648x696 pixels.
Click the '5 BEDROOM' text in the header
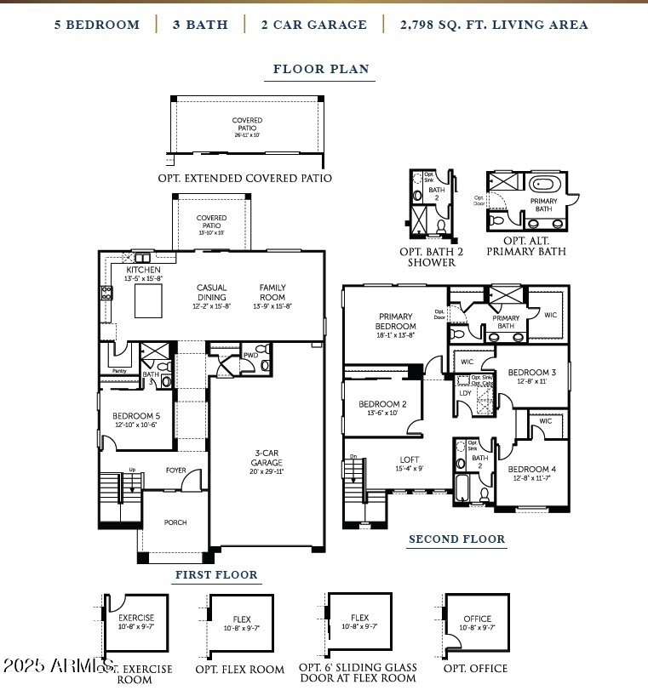tap(96, 25)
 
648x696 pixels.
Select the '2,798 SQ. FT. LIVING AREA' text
tap(494, 25)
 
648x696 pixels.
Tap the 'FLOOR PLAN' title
tap(321, 69)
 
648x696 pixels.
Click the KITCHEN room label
tap(143, 270)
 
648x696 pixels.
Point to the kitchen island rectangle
tap(149, 300)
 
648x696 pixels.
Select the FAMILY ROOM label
tap(272, 293)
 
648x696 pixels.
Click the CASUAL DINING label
tap(211, 293)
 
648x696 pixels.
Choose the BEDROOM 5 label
tap(136, 416)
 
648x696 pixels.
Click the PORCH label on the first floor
tap(175, 522)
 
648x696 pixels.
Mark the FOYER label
tap(175, 470)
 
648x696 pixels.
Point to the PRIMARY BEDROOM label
tap(396, 322)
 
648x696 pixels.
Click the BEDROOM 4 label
tap(532, 469)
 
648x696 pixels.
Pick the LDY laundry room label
tap(466, 392)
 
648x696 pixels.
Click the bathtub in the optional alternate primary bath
tap(544, 183)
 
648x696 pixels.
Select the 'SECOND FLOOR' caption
tap(456, 539)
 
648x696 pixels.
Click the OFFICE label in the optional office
tap(478, 619)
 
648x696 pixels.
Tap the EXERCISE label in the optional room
tap(136, 618)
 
